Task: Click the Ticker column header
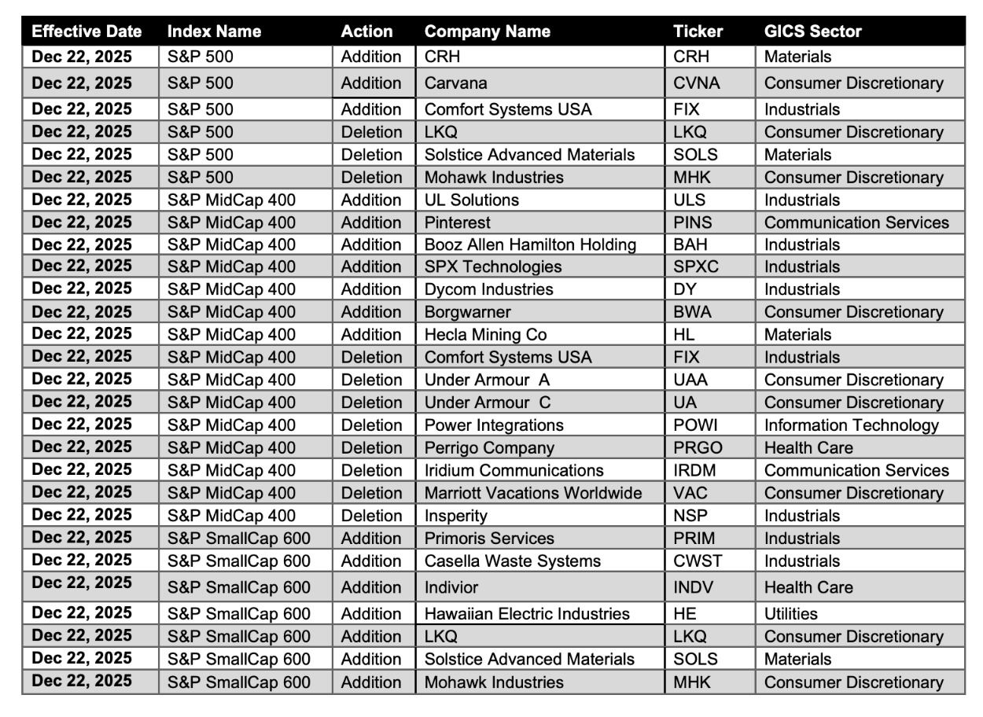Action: (698, 32)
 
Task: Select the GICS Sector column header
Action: (812, 32)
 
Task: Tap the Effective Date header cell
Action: (87, 32)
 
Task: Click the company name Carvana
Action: (455, 83)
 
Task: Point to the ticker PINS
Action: (693, 222)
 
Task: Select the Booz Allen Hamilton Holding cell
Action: (530, 245)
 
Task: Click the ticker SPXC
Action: (696, 267)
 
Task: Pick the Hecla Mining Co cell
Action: (485, 335)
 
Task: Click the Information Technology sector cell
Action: (851, 425)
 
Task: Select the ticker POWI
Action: (695, 425)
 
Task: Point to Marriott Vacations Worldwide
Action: (532, 494)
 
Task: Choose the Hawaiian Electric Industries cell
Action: (527, 614)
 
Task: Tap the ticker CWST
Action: (698, 561)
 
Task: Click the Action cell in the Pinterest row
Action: (371, 222)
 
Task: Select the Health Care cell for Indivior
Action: (808, 587)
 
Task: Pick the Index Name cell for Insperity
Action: (231, 517)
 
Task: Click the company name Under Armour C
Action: (488, 403)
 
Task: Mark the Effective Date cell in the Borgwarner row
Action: (82, 312)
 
